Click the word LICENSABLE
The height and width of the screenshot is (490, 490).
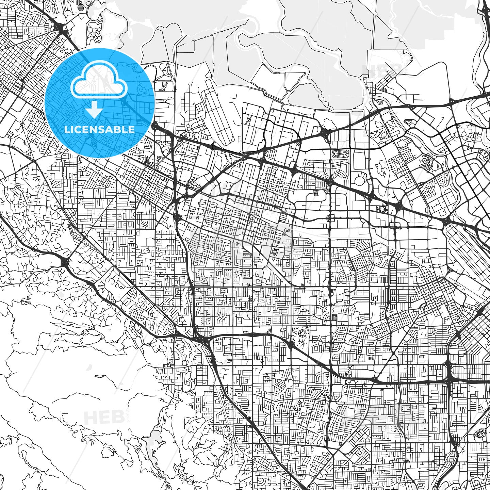(x=99, y=130)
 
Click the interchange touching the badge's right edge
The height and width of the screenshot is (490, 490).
(x=156, y=127)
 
